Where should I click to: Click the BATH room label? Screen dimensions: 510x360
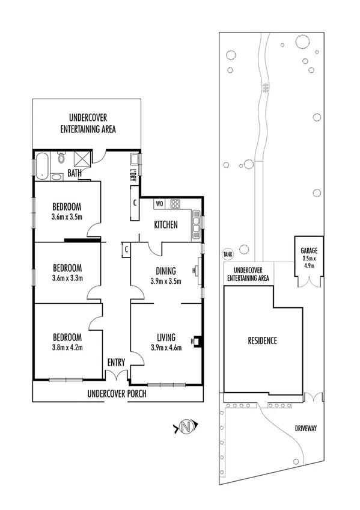(75, 174)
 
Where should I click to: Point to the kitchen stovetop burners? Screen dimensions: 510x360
(175, 203)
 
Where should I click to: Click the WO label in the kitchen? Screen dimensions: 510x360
(160, 203)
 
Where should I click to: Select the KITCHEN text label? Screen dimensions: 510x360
(166, 225)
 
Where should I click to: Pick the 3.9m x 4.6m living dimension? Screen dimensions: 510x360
(166, 346)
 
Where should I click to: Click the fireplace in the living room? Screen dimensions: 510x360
(196, 342)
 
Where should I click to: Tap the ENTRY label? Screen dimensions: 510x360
(116, 363)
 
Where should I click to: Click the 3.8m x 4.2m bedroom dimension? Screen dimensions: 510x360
(66, 346)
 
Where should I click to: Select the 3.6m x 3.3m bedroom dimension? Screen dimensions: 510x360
(66, 278)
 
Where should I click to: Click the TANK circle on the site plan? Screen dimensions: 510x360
(227, 254)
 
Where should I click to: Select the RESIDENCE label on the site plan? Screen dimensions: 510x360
(262, 341)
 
